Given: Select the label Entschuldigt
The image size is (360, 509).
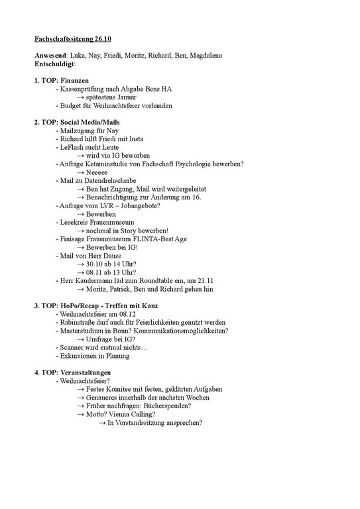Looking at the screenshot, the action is click(x=55, y=64).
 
